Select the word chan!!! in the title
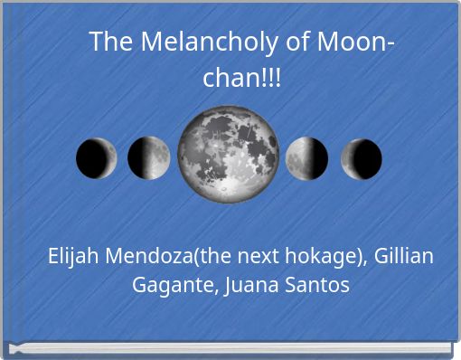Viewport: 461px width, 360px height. [x=240, y=78]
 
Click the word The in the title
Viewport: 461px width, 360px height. [x=109, y=43]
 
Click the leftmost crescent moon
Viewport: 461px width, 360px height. [x=96, y=158]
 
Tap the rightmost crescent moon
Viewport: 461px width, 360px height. [x=361, y=159]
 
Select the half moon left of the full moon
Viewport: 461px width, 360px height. [x=149, y=158]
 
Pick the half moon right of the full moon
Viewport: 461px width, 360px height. [x=306, y=159]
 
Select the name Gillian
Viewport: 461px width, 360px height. [x=405, y=256]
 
